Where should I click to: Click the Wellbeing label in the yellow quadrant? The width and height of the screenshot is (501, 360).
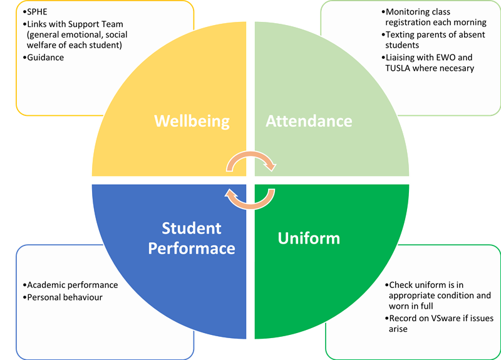[x=192, y=120]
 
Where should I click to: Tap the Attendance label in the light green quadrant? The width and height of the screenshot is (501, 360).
[x=309, y=120]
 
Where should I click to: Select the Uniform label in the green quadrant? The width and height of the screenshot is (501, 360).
[x=308, y=238]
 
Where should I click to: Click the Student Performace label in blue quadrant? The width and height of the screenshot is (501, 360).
[x=192, y=238]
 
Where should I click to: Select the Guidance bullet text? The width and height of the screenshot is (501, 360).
[x=45, y=57]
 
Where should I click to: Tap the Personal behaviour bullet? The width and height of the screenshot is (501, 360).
[x=65, y=297]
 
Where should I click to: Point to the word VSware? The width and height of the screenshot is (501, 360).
[x=447, y=318]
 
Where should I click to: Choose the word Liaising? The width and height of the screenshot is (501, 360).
[x=405, y=57]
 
